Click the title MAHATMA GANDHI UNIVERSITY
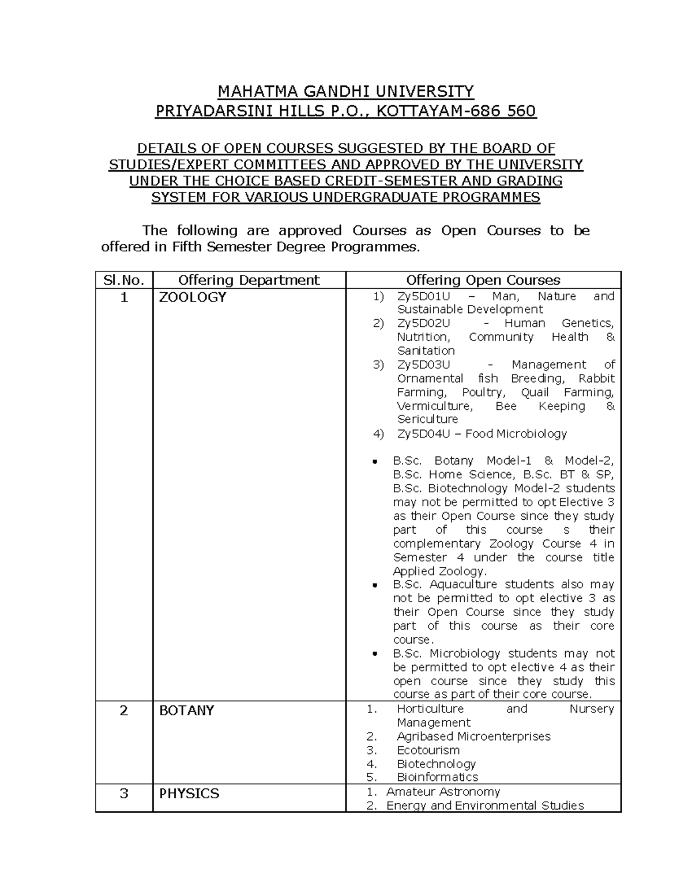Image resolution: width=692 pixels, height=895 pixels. (345, 92)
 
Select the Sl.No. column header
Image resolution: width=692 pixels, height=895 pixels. (123, 280)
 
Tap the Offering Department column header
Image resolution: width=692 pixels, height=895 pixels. (249, 280)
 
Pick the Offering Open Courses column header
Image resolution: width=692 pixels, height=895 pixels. (483, 280)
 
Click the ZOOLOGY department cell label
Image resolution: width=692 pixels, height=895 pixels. (193, 297)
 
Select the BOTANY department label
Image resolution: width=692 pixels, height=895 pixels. (186, 711)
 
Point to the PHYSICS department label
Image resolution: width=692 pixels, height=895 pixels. (189, 794)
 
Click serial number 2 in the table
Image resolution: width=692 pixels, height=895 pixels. (123, 711)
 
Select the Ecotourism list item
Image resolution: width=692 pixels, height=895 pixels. (428, 750)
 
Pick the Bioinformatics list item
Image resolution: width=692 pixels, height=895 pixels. (437, 777)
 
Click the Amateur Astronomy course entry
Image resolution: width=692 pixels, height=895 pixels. (443, 792)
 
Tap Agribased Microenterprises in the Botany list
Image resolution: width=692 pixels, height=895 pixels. (473, 737)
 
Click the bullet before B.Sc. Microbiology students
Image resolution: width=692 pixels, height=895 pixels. (375, 654)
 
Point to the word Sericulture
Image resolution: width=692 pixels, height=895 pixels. (427, 420)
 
